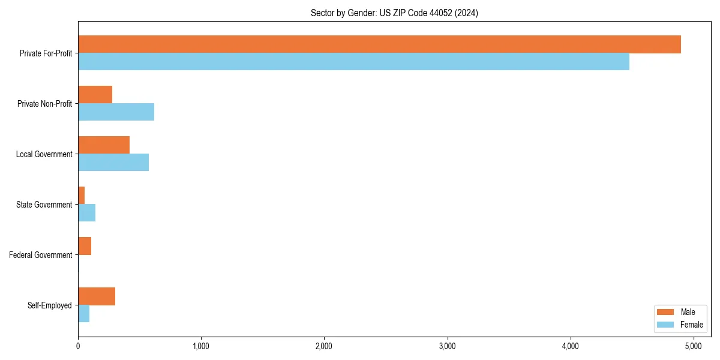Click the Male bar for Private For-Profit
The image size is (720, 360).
379,44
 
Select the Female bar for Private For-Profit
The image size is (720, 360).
353,61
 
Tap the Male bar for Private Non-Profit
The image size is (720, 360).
95,95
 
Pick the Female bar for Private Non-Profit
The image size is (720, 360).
116,112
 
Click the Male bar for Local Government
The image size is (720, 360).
104,145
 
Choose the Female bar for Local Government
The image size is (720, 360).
113,162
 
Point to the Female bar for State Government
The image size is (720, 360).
86,212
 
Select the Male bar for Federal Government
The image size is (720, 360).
85,246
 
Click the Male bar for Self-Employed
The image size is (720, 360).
97,296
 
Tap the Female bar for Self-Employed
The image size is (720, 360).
83,313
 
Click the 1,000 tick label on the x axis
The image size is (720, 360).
201,346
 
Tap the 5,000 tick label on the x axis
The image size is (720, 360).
694,346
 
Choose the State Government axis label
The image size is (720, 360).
44,205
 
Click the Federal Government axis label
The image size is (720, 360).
41,255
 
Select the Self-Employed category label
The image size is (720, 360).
50,305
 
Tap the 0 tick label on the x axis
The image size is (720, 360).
78,346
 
